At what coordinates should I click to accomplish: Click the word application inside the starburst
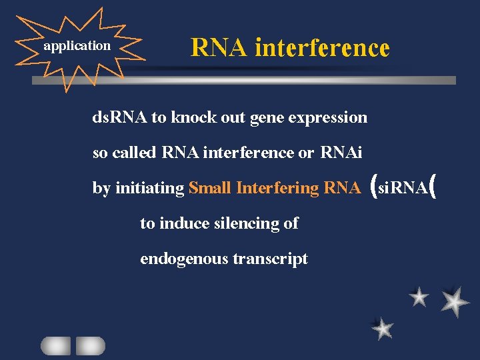77,46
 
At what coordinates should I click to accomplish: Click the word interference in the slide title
322,47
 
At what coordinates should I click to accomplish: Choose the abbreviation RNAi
341,153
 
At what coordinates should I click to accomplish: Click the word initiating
149,188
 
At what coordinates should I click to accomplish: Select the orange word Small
210,188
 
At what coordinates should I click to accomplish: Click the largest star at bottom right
455,301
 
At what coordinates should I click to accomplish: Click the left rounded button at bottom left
55,345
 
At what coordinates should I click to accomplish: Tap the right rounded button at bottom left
90,345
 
